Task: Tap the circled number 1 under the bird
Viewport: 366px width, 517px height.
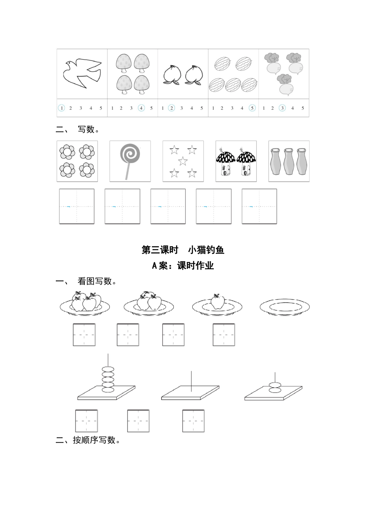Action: pos(61,108)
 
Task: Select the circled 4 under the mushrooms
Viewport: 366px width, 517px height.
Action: pos(141,108)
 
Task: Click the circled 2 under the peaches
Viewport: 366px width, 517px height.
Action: pos(172,108)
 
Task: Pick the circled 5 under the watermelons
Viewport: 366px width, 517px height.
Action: pos(252,108)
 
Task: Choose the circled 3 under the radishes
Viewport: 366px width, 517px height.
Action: pos(282,108)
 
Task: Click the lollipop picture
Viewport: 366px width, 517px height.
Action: pos(130,161)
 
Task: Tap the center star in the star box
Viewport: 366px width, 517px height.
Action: pos(183,161)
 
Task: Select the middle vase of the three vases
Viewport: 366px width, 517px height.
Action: pos(289,162)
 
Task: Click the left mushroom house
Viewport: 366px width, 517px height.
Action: pos(226,163)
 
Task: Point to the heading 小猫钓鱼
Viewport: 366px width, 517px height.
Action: pos(206,250)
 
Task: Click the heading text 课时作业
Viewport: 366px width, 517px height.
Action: pos(195,265)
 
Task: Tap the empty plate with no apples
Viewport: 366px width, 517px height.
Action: pos(284,307)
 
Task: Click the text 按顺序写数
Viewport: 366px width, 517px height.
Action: pos(96,440)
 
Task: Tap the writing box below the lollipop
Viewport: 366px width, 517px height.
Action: pos(123,206)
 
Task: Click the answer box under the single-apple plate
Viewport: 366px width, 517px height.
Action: pos(224,335)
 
